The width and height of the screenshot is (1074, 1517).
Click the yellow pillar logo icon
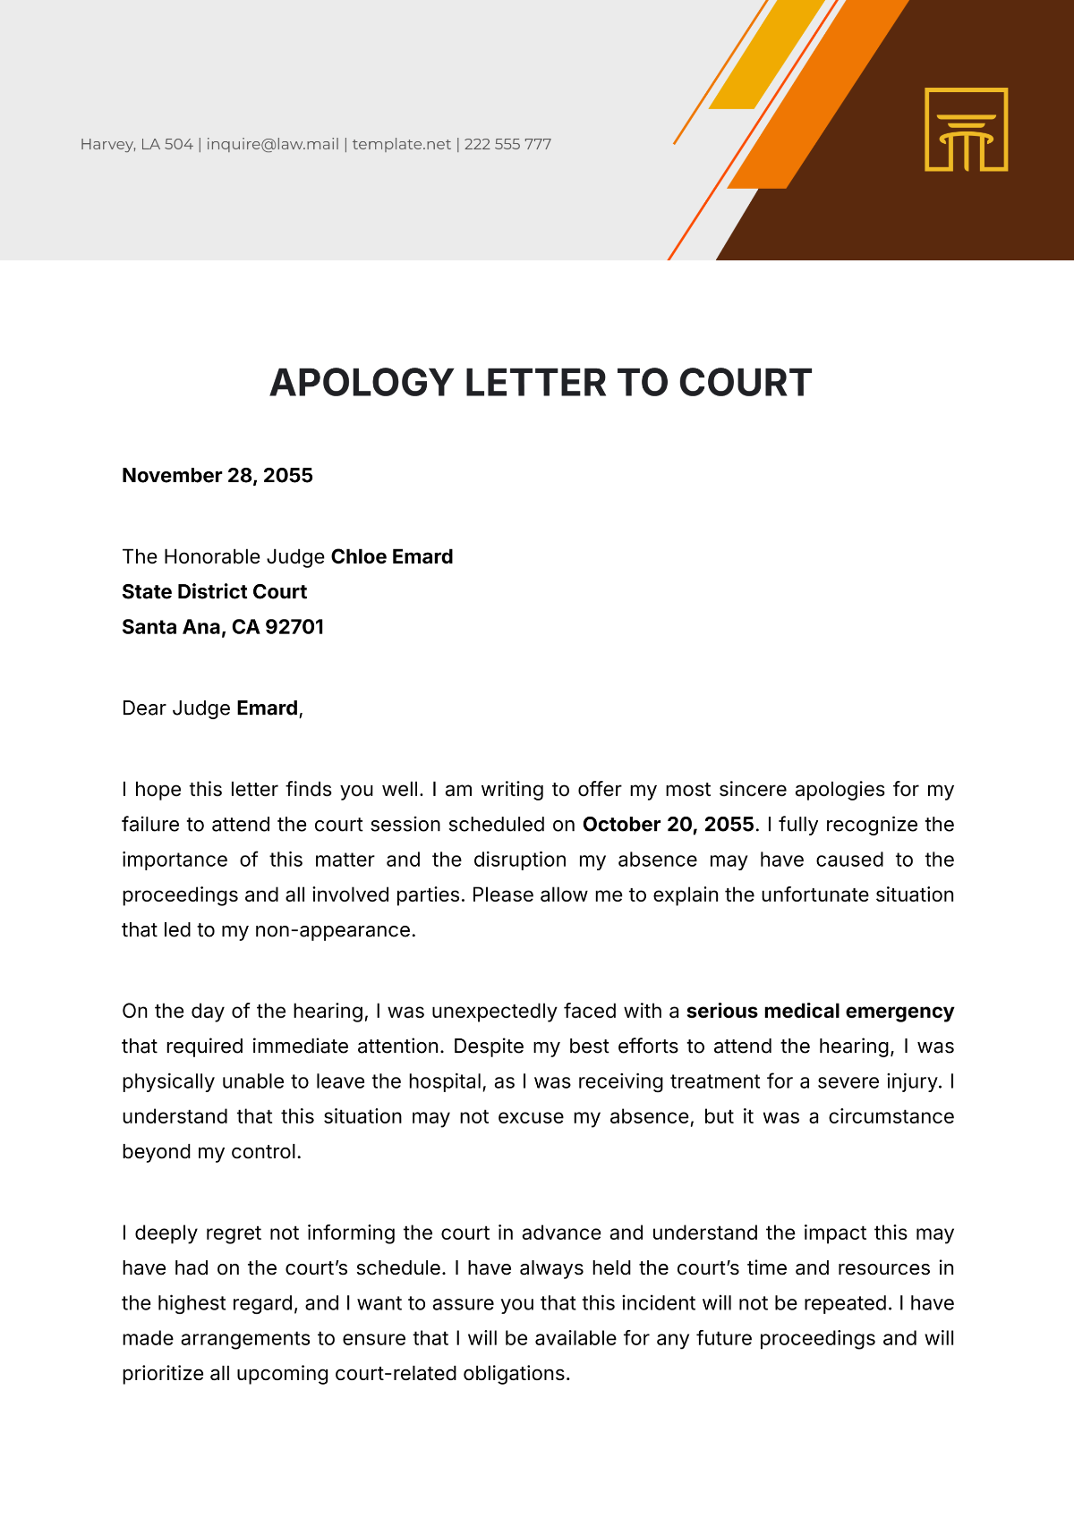[966, 130]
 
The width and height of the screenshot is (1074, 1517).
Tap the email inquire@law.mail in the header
[272, 144]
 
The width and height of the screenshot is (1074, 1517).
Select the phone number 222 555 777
[507, 144]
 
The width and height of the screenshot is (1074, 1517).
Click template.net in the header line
[401, 144]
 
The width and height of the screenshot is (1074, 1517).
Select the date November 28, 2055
[217, 475]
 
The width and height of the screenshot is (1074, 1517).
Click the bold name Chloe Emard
[392, 556]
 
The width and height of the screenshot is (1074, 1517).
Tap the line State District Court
[214, 591]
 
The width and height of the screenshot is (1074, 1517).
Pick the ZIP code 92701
[294, 626]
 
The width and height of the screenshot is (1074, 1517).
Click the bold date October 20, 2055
[668, 824]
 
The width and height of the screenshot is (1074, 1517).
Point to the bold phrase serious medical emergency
[820, 1011]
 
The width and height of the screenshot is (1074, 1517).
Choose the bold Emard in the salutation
[267, 708]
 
